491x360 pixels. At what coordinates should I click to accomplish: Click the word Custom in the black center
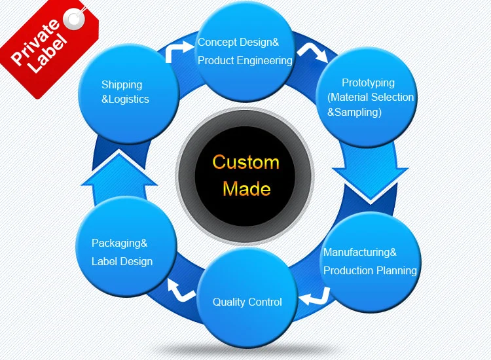(245, 162)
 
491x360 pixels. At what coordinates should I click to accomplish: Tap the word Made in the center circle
(246, 189)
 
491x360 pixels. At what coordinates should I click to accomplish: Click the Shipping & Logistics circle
(128, 94)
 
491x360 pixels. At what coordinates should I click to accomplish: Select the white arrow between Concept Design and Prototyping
(310, 52)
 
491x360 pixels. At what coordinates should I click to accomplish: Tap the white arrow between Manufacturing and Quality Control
(312, 298)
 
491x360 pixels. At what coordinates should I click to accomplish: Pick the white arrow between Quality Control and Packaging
(181, 289)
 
